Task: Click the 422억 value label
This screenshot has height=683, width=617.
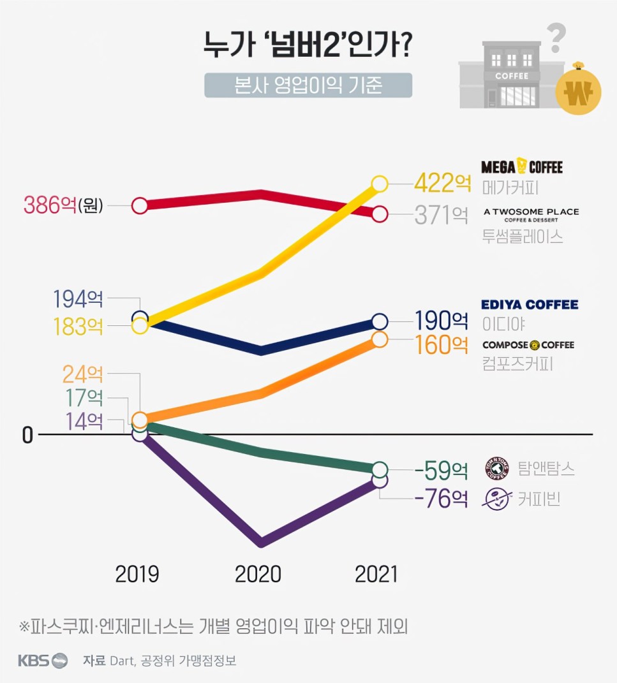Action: pos(442,184)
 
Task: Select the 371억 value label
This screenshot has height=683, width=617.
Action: pos(441,216)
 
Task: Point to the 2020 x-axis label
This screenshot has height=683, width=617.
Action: pos(258,574)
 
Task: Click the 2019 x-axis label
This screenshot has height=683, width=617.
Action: pos(137,574)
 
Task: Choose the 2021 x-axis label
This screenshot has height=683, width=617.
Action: pos(376,574)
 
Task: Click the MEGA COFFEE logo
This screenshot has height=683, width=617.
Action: pos(522,167)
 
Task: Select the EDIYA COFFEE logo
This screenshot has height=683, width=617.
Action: pos(530,305)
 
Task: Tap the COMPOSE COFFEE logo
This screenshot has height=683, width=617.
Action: pos(528,345)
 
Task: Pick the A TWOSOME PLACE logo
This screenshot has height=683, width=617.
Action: pos(532,214)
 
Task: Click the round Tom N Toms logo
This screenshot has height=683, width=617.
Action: pos(497,469)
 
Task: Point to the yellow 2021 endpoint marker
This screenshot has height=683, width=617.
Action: pos(379,184)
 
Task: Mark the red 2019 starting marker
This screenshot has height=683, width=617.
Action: pos(140,205)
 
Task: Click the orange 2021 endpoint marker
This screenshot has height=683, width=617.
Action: pos(379,339)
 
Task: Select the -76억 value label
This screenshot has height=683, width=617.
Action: pos(441,498)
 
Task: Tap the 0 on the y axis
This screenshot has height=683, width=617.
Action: pos(27,435)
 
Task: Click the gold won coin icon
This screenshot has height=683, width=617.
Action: pos(578,92)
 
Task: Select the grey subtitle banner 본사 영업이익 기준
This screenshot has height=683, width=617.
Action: pos(308,85)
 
